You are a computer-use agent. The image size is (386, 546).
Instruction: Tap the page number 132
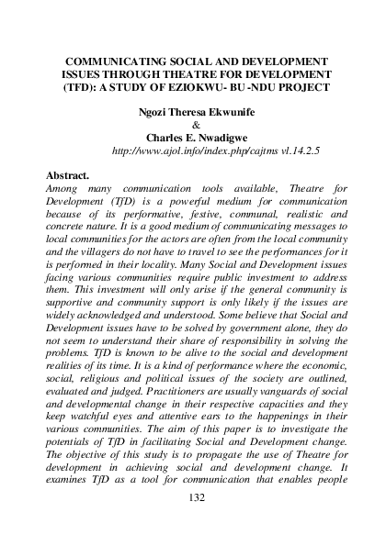pos(193,521)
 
